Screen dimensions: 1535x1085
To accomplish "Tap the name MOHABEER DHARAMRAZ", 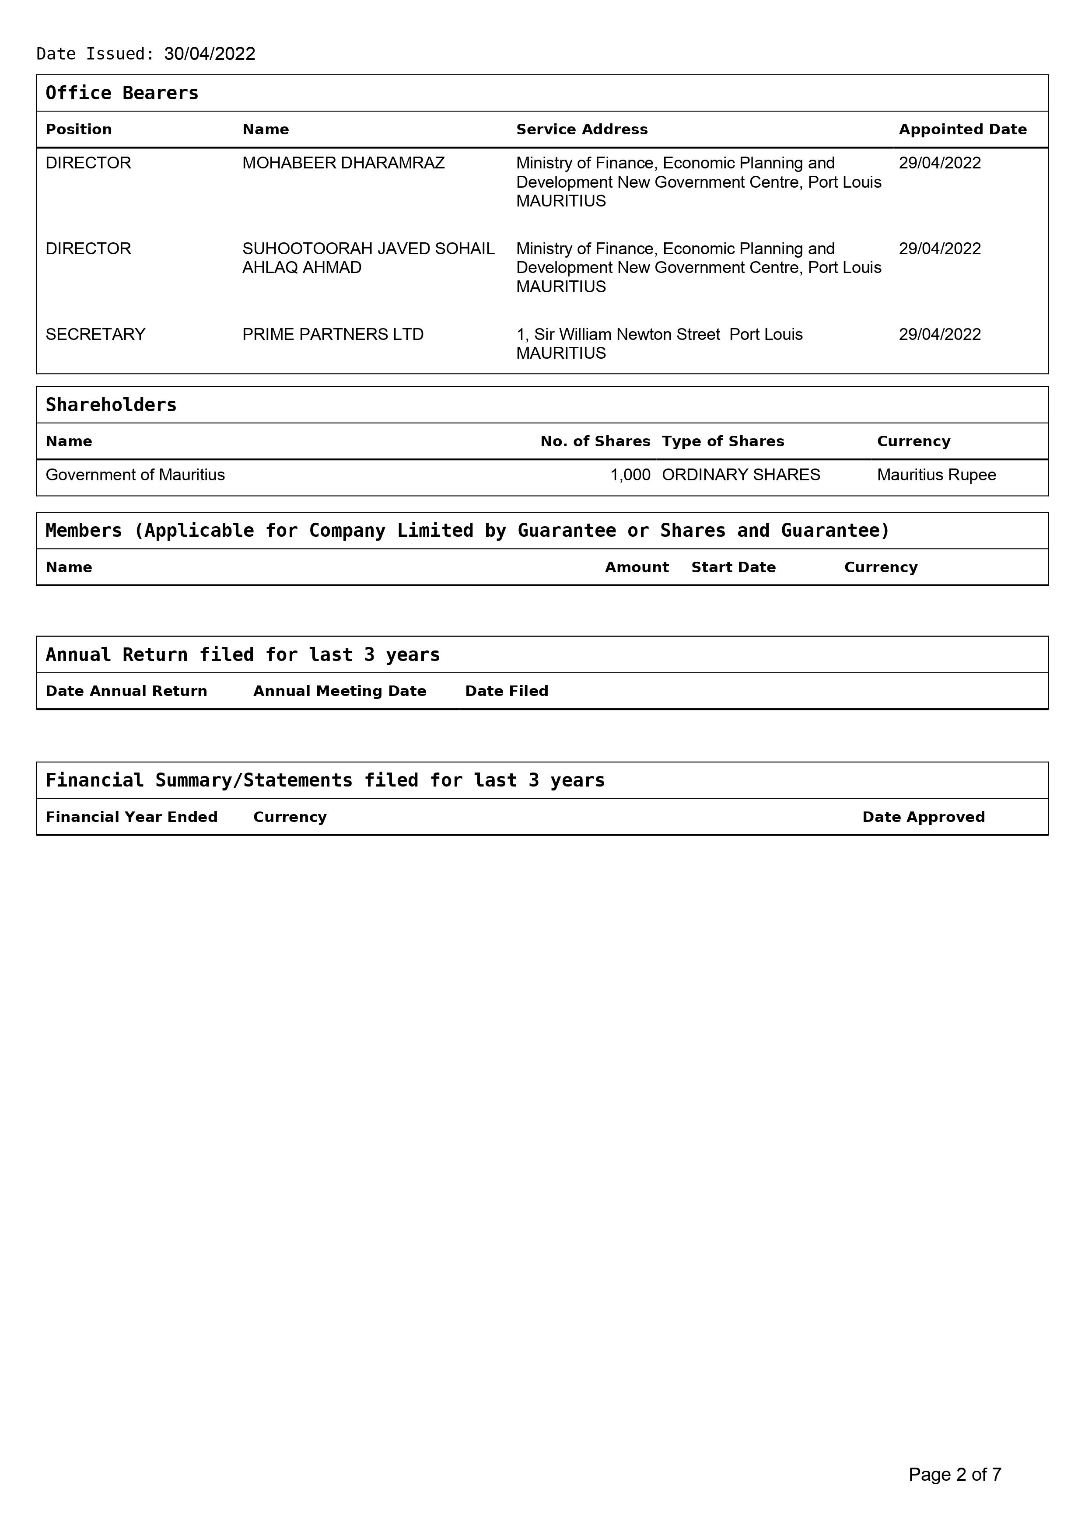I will click(343, 163).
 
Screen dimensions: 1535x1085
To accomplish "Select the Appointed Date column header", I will click(962, 129).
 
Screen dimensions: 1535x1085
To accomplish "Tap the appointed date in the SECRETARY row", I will click(939, 334).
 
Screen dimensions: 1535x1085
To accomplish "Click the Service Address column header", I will click(581, 129).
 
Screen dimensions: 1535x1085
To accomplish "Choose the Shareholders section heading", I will click(111, 405).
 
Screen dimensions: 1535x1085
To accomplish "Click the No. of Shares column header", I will click(595, 441).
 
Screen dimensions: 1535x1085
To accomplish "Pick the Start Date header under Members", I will click(733, 568).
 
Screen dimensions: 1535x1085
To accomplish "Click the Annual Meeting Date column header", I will click(339, 691).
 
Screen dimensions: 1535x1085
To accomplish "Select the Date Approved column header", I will click(923, 817).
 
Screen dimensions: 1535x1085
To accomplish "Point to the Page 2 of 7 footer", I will click(955, 1474).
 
